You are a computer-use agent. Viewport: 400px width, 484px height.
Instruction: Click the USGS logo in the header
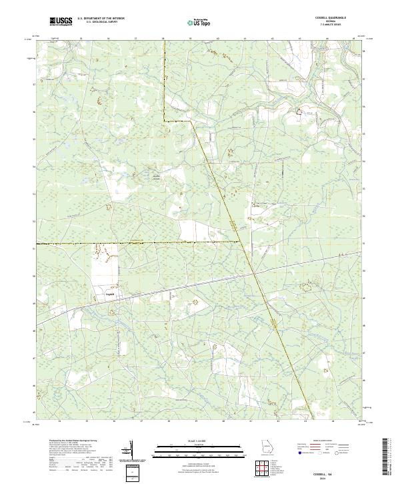click(x=61, y=21)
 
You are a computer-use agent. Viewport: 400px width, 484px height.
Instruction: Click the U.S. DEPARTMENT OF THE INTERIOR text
click(x=100, y=19)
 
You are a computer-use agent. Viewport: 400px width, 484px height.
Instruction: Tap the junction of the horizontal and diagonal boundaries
click(x=239, y=241)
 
